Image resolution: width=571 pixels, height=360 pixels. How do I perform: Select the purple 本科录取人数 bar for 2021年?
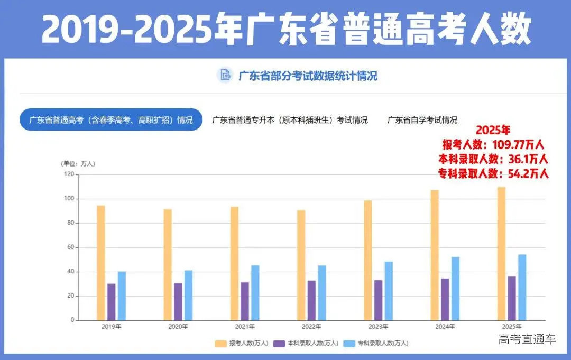[x=245, y=301]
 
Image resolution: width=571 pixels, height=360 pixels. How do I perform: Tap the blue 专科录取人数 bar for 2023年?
[x=389, y=291]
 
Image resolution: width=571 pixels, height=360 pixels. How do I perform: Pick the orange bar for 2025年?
[x=501, y=253]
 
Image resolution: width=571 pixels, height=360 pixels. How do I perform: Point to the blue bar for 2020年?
[x=188, y=295]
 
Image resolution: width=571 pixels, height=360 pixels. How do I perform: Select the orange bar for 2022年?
[x=301, y=265]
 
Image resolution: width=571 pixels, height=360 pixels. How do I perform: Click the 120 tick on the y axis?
[x=69, y=174]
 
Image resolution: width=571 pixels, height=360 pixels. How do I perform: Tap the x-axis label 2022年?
[x=311, y=327]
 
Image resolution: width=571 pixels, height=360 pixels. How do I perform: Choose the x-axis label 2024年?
[x=445, y=327]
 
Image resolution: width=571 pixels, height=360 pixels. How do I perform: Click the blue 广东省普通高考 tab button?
[x=111, y=120]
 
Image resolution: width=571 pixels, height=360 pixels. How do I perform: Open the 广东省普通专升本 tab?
[x=290, y=120]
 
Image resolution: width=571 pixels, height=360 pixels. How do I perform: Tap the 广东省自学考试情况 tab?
[x=422, y=120]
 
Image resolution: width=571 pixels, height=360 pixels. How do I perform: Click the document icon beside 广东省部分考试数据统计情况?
[x=225, y=76]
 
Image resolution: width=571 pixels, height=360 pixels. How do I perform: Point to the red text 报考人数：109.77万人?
[x=493, y=144]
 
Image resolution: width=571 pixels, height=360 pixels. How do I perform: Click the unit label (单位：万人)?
[x=78, y=163]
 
